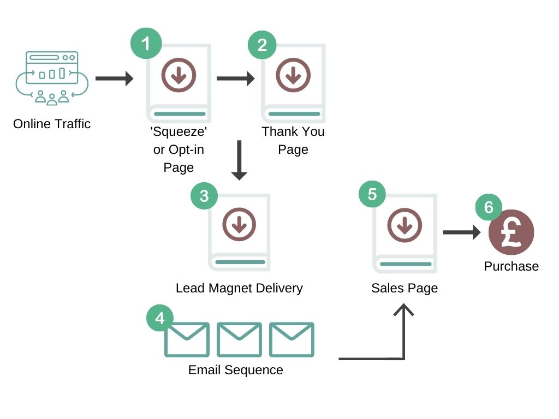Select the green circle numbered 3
coord(204,195)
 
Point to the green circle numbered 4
coord(160,318)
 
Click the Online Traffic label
coord(52,124)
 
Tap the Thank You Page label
coord(293,140)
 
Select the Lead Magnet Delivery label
coord(239,288)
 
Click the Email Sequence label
coord(236,370)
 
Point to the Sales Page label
coord(405,288)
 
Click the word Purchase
coord(512,266)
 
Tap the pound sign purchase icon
coord(511,232)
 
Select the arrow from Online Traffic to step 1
coord(114,79)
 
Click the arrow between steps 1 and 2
coord(235,79)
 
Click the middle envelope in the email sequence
coord(239,339)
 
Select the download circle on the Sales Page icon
coord(405,226)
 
